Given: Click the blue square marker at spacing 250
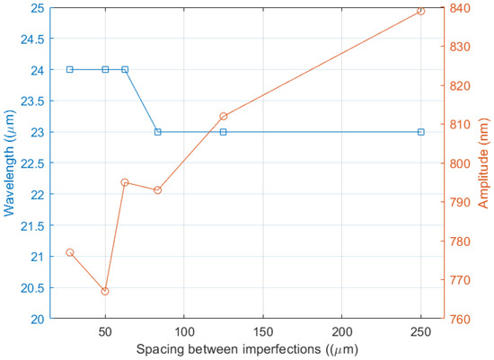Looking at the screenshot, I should pos(420,132).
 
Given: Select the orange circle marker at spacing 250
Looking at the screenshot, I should pos(420,11).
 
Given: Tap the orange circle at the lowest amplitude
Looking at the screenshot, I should pos(105,291).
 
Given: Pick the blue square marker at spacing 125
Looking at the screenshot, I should pos(224,132).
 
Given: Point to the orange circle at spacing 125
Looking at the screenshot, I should pos(224,116).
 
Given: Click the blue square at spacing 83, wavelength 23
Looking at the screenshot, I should pos(157,132).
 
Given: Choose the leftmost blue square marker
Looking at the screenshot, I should pos(69,69).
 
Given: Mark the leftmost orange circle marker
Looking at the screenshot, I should pos(69,252).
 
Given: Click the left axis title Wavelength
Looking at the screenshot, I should pos(10,163).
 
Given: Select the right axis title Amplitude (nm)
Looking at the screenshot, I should pos(483,163).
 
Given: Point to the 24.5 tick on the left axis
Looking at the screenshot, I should pos(34,39).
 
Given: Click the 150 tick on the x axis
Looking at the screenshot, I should pos(263,331).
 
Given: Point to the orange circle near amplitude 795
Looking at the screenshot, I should pos(125,182).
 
